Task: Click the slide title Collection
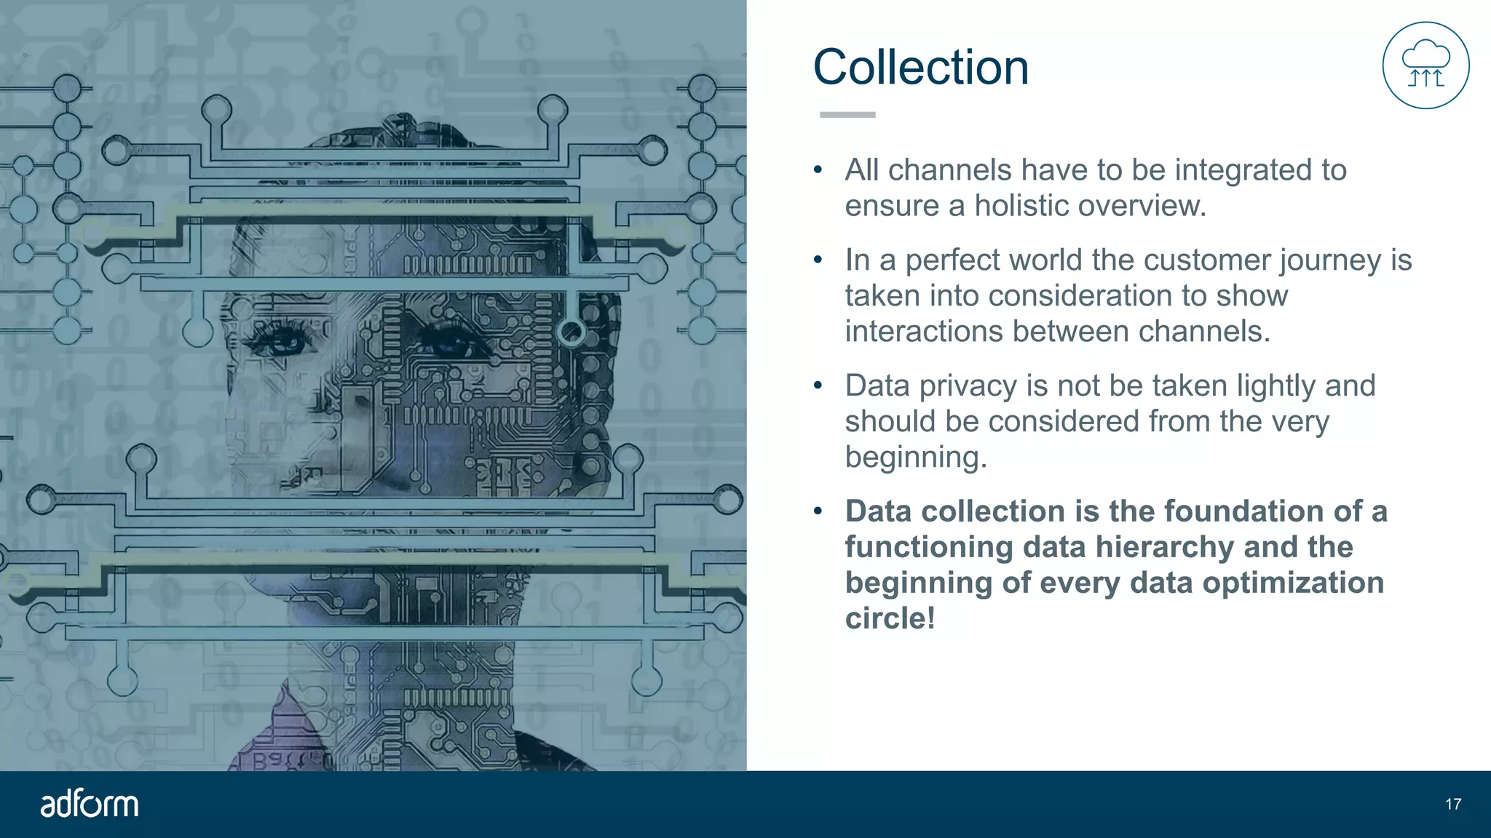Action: [x=920, y=67]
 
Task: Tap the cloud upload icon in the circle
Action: [x=1425, y=65]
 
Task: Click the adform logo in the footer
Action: [x=89, y=804]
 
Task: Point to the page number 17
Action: [x=1453, y=804]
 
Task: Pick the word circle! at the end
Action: [x=890, y=618]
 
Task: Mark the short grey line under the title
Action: [x=847, y=115]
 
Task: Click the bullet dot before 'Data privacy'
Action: [x=818, y=386]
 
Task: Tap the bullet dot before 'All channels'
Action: [x=818, y=170]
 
